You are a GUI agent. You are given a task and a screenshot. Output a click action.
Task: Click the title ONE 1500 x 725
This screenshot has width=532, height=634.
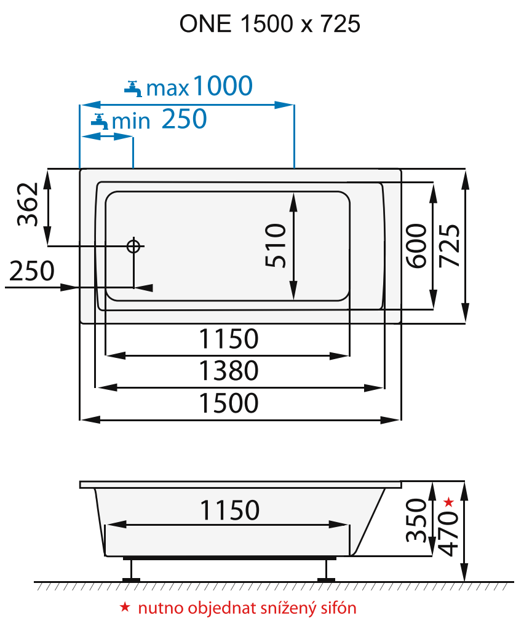coord(269,24)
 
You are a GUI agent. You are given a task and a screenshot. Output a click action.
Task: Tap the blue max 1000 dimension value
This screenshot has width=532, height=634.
coord(223,86)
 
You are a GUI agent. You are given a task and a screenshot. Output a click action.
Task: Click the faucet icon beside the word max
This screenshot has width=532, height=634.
coord(133,88)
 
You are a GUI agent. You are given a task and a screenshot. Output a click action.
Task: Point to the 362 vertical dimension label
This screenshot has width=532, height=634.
coord(28,205)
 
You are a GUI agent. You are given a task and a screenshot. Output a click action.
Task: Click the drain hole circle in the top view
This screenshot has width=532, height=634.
coord(133,246)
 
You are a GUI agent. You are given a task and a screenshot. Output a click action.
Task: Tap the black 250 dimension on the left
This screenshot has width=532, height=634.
coord(31,271)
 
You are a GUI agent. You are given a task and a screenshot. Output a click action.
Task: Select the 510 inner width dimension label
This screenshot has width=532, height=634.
coord(276,245)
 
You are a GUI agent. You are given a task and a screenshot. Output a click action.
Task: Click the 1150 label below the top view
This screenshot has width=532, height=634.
coord(228,338)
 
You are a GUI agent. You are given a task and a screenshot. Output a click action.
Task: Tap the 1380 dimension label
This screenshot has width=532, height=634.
coord(228,371)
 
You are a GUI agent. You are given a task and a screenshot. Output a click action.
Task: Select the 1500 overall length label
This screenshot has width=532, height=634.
coord(228,403)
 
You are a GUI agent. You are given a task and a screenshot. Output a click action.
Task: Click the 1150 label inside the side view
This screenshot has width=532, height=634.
coord(229,510)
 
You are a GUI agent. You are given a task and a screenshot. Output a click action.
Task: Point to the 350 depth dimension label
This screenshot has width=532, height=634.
coord(417,520)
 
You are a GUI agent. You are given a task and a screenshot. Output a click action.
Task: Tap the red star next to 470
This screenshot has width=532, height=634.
coord(449,502)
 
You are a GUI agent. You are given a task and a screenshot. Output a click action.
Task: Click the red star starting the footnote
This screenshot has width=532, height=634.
coord(125,608)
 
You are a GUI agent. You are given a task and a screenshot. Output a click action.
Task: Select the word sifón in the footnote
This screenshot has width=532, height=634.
coord(339,609)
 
